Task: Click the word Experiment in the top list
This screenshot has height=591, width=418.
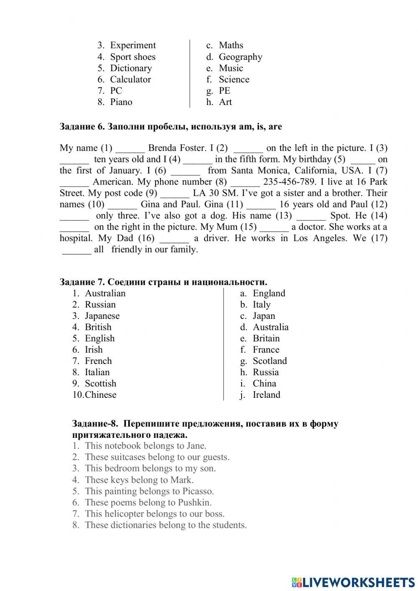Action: pos(133,45)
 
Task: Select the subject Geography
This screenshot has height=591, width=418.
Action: pos(240,57)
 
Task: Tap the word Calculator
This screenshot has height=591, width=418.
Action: pos(130,79)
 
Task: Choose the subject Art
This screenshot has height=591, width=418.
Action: pos(225,102)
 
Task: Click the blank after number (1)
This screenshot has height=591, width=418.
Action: pos(130,148)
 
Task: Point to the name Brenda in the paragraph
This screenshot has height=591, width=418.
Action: pos(162,148)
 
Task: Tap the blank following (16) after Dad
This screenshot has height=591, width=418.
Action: pos(174,238)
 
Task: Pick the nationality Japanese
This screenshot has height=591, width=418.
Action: pos(102,316)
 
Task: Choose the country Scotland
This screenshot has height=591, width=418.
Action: pos(270,361)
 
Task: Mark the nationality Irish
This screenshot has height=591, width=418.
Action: pos(94,350)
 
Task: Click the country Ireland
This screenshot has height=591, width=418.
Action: pos(266,395)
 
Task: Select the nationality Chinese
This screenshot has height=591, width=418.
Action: pos(100,395)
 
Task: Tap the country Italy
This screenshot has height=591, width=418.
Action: pos(262,304)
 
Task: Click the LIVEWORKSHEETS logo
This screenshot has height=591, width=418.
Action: pos(353,582)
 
